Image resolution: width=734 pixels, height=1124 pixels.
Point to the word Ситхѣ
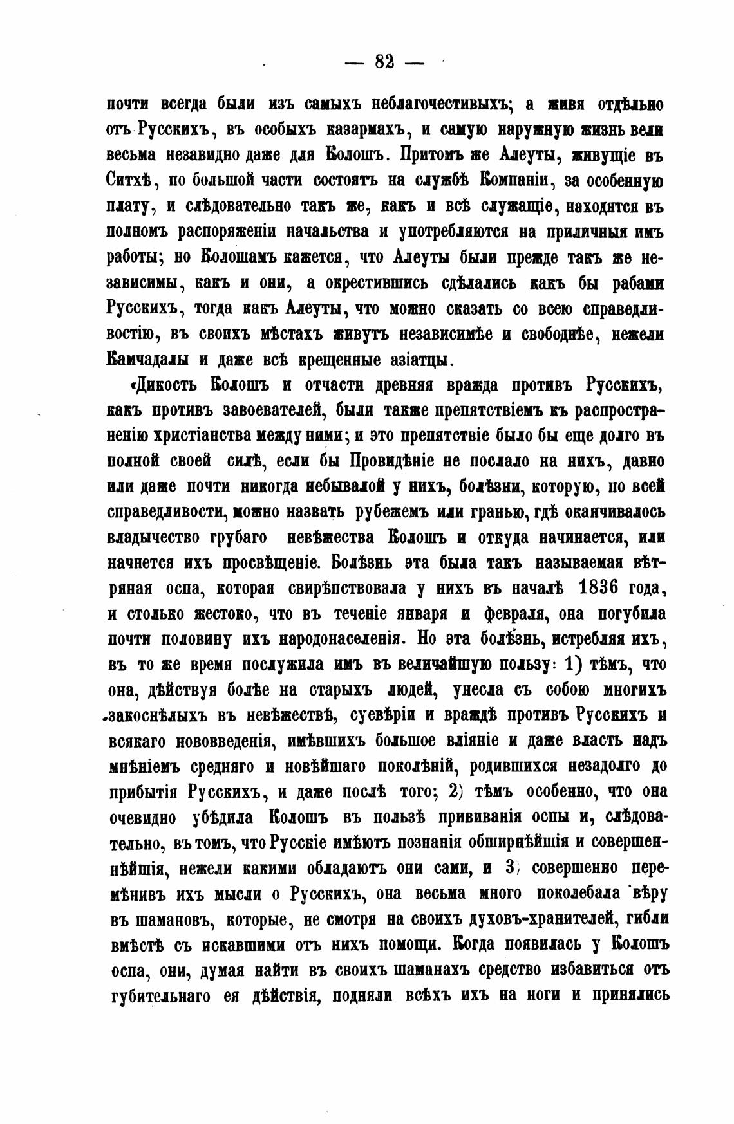coord(127,181)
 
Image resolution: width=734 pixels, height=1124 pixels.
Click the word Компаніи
coord(518,181)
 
